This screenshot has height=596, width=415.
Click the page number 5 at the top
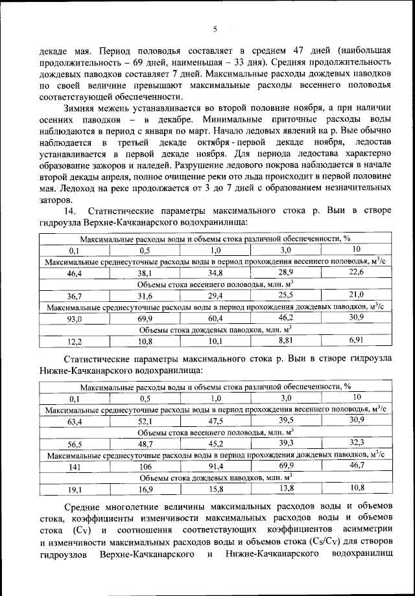[215, 29]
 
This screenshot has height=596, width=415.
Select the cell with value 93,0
[74, 319]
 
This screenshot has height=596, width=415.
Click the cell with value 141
[74, 466]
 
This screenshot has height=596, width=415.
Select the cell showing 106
[144, 466]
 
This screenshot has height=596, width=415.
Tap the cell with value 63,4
[74, 421]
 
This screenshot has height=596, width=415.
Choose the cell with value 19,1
[74, 489]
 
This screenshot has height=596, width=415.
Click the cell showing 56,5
[74, 444]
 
